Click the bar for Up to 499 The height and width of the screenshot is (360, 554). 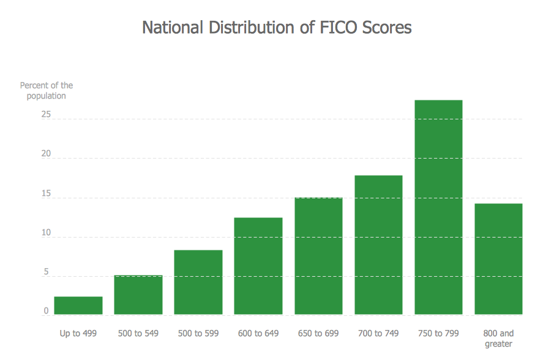(x=78, y=306)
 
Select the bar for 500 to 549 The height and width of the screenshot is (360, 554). (x=138, y=295)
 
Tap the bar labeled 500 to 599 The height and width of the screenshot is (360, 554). (x=198, y=282)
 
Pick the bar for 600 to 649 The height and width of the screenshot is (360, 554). (x=258, y=266)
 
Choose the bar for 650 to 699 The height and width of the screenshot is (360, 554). (x=318, y=256)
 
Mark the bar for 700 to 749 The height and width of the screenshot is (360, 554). (x=378, y=245)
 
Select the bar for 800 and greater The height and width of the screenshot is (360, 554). (x=498, y=259)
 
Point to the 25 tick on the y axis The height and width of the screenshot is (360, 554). (x=45, y=115)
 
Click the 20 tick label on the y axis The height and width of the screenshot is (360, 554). (x=45, y=154)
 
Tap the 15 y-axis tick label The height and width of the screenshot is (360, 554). (x=45, y=193)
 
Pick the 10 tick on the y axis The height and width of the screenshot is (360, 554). (x=45, y=233)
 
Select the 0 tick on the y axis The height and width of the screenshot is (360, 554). (x=46, y=311)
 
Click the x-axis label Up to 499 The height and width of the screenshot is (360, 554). (x=78, y=334)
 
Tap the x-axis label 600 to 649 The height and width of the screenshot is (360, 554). (x=258, y=334)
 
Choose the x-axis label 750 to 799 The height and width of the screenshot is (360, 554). (x=438, y=334)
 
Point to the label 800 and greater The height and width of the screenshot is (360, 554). (x=498, y=339)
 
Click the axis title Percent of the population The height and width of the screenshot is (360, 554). (x=46, y=91)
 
